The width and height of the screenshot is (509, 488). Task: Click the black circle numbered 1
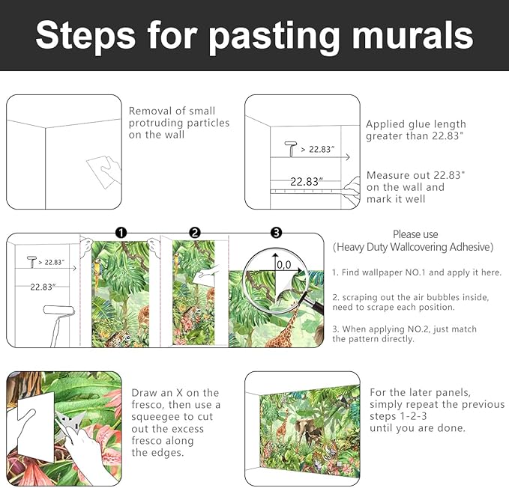[x=121, y=233]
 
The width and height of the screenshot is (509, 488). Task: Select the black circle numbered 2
[x=195, y=233]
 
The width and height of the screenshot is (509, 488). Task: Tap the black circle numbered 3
[x=276, y=233]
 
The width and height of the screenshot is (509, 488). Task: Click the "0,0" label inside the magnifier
[x=283, y=264]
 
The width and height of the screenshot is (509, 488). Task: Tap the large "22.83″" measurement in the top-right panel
[x=306, y=181]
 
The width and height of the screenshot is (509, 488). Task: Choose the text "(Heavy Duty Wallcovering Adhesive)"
[x=413, y=247]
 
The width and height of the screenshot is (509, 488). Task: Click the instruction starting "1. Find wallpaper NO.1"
[x=417, y=272]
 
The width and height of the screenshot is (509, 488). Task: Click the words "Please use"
[x=415, y=234]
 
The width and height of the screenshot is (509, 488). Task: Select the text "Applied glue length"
[x=416, y=124]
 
